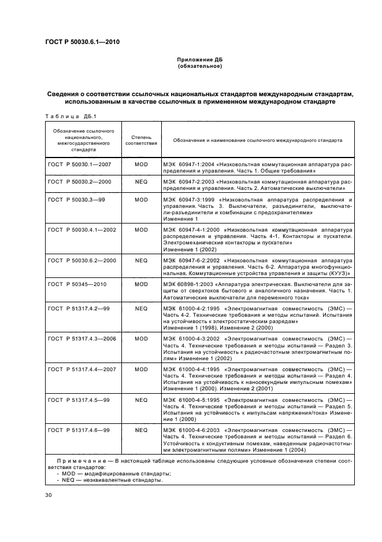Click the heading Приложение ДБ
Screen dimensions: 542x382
(200, 60)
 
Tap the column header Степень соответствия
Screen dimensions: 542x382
(141, 140)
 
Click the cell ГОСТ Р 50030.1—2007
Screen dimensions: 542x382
(79, 164)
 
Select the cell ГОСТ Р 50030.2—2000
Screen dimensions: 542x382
(79, 181)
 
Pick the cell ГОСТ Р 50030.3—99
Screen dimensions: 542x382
(75, 199)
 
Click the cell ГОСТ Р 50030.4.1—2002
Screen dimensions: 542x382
(82, 229)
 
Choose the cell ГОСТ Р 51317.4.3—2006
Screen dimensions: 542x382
(82, 338)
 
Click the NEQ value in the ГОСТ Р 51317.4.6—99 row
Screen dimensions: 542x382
(141, 430)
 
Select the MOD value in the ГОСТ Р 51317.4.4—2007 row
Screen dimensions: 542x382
(141, 369)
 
